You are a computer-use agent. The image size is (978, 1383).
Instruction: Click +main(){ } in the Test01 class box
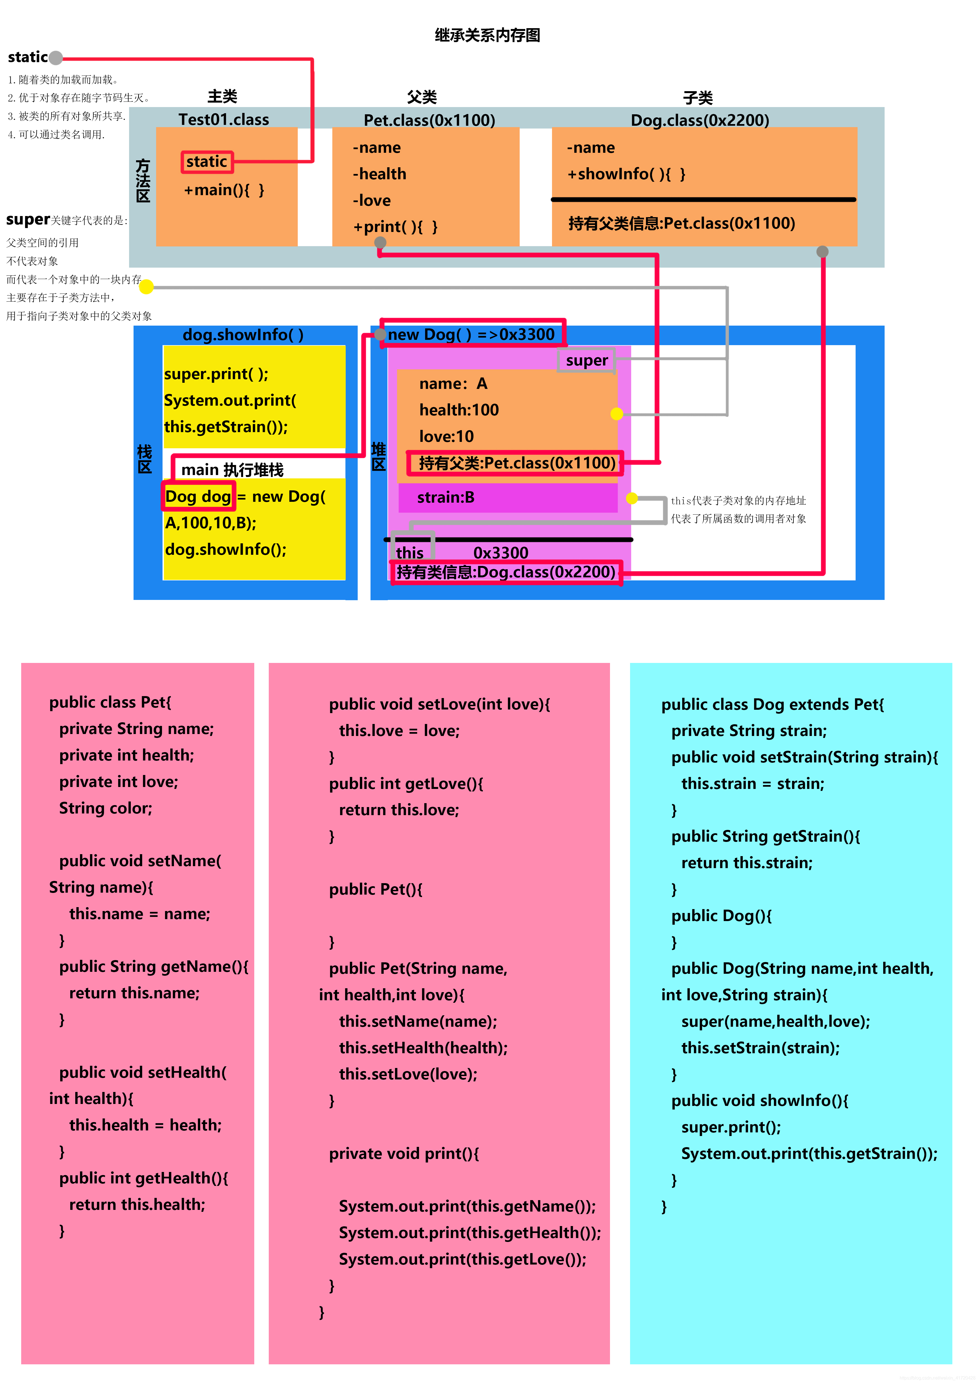tap(224, 190)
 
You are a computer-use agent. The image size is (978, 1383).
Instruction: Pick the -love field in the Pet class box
tap(372, 201)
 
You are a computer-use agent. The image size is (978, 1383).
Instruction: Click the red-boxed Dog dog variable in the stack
tap(198, 496)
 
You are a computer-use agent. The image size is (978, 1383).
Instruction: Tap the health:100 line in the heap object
tap(459, 410)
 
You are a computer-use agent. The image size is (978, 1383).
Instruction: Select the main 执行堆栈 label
tap(233, 470)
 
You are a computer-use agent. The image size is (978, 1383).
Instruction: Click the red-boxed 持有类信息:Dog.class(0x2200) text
tap(506, 572)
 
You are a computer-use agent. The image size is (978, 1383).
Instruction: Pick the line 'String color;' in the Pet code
tap(105, 808)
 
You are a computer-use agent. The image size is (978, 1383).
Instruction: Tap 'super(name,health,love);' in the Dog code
tap(776, 1022)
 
